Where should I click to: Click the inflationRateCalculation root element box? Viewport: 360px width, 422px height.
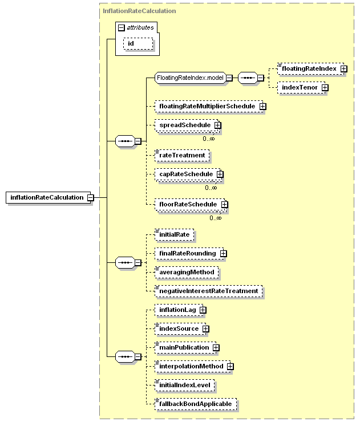coord(48,197)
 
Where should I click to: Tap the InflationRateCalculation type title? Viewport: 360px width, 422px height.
coord(139,11)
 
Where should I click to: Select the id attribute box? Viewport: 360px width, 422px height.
coord(138,43)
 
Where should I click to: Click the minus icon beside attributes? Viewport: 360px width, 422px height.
coord(122,27)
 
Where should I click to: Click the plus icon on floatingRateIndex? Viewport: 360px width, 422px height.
coord(343,69)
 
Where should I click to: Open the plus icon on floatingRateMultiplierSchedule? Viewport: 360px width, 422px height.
coord(263,107)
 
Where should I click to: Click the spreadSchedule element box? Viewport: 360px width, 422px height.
coord(187,125)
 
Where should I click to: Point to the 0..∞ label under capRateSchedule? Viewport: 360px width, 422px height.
coord(211,188)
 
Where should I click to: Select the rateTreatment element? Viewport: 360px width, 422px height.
coord(182,155)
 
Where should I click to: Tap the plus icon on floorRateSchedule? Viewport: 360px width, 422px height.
coord(224,205)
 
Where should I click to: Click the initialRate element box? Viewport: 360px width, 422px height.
coord(174,235)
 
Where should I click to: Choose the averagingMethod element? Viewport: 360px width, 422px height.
coord(187,273)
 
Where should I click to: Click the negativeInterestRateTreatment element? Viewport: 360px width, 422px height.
coord(209,291)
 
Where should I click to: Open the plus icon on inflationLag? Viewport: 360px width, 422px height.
coord(203,310)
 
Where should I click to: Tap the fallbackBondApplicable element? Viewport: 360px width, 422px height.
coord(196,404)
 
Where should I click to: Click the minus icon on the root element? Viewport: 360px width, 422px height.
coord(91,197)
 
